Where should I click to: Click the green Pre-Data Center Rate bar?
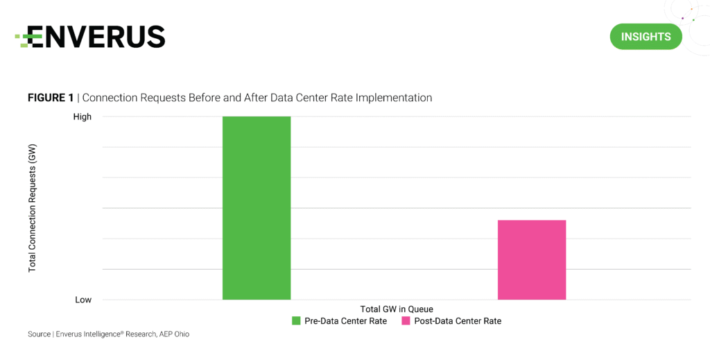coord(256,208)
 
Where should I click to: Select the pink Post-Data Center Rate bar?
coord(532,259)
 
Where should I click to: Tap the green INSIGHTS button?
coord(646,37)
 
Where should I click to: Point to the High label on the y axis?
coord(82,117)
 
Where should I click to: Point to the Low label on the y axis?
coord(83,300)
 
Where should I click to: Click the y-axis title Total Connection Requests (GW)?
coord(33,208)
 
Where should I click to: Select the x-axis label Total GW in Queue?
coord(397,309)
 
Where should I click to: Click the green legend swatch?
coord(296,321)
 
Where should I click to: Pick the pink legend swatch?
coord(406,321)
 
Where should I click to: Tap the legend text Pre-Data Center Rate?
coord(345,321)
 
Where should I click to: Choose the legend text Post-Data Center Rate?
coord(457,321)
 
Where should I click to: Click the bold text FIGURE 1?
coord(51,98)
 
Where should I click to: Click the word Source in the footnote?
coord(39,334)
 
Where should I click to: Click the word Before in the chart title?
coord(198,98)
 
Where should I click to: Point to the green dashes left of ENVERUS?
coord(23,38)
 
